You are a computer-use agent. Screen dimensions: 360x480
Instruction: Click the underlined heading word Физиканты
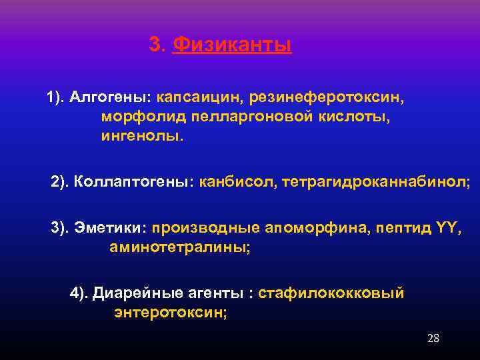[231, 45]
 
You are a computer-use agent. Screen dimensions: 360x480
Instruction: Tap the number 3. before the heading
[157, 45]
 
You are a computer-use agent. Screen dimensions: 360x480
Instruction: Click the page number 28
[433, 338]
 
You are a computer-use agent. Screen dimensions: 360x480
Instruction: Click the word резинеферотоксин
[327, 97]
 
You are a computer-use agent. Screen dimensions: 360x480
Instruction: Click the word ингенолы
[141, 136]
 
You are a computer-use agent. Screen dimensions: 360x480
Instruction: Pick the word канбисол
[233, 181]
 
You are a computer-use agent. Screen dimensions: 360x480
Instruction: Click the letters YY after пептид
[446, 228]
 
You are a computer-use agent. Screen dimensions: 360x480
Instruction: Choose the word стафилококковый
[331, 293]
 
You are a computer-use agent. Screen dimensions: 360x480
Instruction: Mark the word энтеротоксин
[170, 312]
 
